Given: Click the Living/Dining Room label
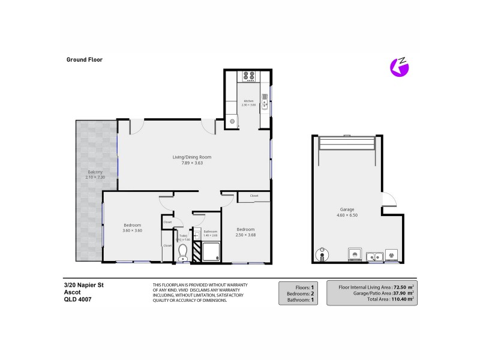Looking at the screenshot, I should [x=191, y=157].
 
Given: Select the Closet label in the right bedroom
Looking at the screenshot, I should [x=254, y=196].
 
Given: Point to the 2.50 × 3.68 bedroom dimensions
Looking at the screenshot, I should [x=245, y=235].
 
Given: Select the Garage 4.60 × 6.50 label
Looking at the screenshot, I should [x=346, y=212].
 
